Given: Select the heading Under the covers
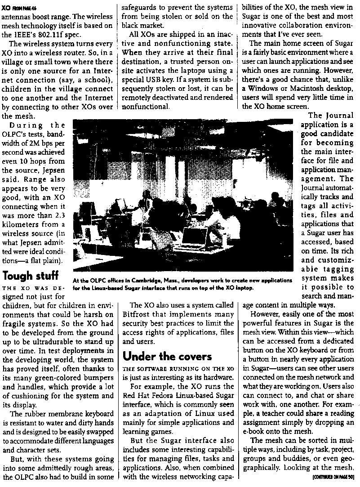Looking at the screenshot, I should pos(167,356).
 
